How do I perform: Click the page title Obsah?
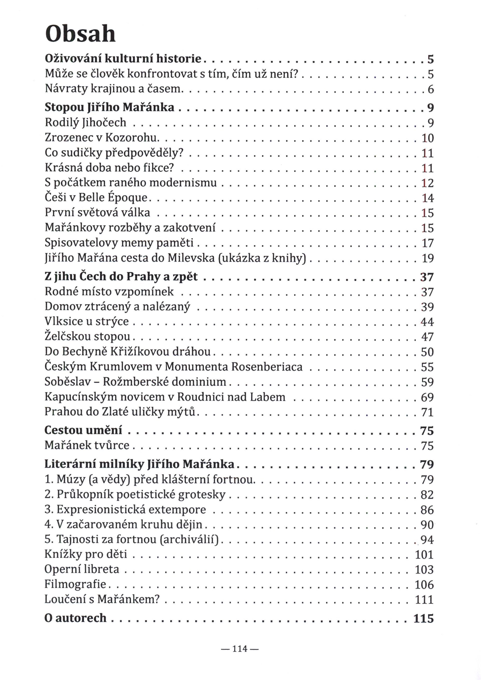80,34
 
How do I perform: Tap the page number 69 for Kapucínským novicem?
427,397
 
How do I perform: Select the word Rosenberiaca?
267,367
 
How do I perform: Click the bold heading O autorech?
75,618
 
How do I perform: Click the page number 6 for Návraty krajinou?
431,89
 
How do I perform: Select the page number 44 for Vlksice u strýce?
427,322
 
